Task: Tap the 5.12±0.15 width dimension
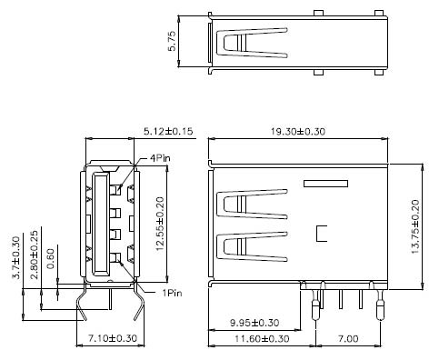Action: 169,132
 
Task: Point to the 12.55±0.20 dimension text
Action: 160,224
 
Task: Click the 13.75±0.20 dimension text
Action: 416,229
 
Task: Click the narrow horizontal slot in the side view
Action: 325,185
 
